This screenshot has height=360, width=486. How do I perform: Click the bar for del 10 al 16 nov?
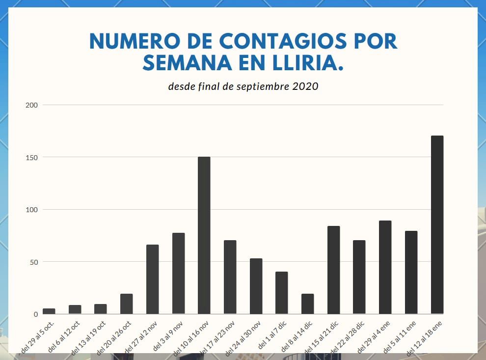(204, 235)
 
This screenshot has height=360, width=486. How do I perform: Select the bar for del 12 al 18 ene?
(437, 224)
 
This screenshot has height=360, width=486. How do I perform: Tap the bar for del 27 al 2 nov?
(152, 279)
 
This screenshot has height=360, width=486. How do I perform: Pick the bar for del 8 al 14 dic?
(307, 304)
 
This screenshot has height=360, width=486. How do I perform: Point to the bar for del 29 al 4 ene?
(385, 267)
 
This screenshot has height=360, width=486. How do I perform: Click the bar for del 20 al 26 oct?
(126, 304)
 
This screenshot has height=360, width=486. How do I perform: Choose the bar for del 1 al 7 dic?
(281, 293)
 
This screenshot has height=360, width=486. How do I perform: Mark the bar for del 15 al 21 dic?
(333, 270)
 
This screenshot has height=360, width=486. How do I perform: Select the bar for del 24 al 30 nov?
(256, 286)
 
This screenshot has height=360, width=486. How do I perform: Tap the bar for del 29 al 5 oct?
(49, 311)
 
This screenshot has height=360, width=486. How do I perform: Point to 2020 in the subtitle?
(305, 86)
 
